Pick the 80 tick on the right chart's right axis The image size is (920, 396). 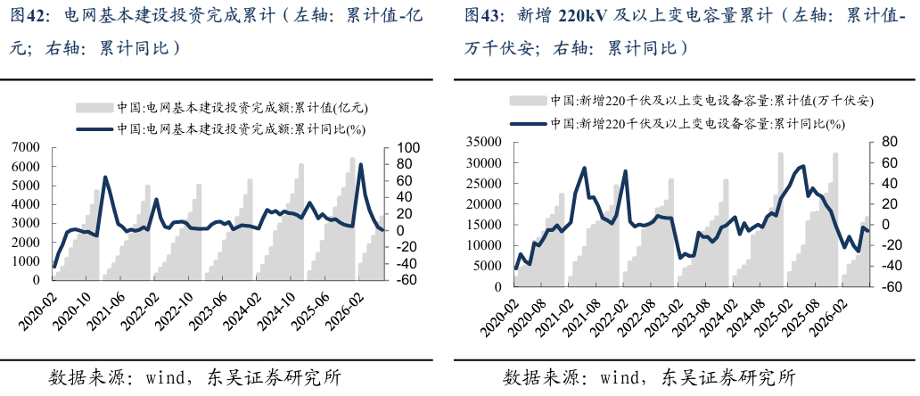pos(881,142)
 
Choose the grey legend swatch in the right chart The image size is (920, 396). pos(528,101)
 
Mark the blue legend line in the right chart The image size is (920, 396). pos(528,123)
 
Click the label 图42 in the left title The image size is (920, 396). pos(23,16)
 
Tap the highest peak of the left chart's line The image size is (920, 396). pos(360,165)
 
